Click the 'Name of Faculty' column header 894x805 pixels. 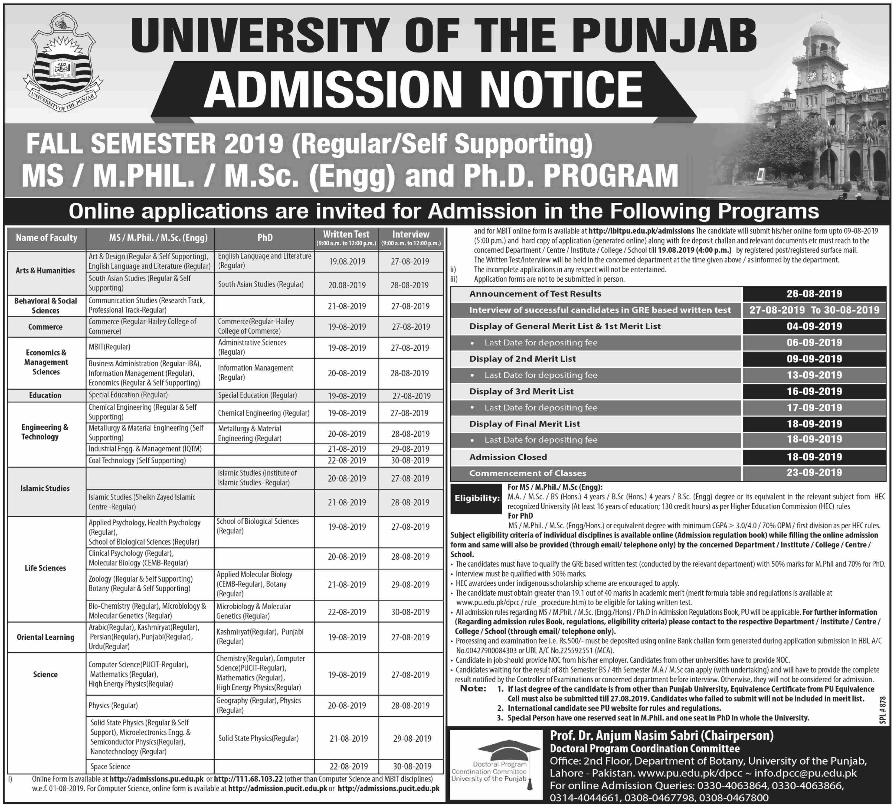point(47,238)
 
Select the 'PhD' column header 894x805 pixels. point(265,238)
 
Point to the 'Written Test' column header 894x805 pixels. point(346,234)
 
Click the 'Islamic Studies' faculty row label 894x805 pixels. point(45,488)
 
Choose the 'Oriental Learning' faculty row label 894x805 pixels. point(45,637)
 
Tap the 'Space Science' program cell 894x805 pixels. point(110,767)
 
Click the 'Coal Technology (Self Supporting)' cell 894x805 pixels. point(137,460)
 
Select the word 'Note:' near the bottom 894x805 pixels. point(473,689)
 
